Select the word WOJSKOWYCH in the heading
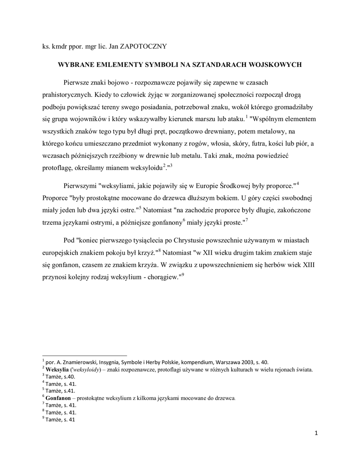click(276, 65)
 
